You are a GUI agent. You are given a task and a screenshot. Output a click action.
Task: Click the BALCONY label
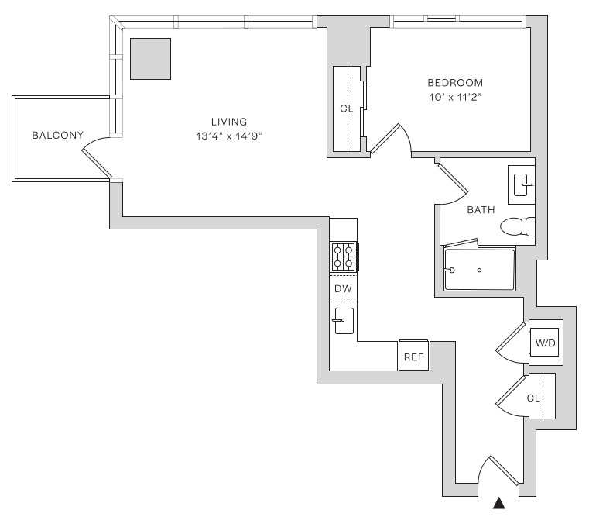(x=57, y=135)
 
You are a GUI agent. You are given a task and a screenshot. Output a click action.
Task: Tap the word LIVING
(x=228, y=122)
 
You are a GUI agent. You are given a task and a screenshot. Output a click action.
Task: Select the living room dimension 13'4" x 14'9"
(x=228, y=136)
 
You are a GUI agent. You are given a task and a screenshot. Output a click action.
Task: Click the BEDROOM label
(x=455, y=83)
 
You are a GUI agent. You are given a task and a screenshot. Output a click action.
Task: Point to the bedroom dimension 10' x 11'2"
(x=455, y=98)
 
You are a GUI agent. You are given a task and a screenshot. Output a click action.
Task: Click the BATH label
(x=481, y=209)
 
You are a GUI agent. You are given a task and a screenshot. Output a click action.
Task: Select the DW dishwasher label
(x=343, y=288)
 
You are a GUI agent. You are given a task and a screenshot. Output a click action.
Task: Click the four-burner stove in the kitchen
(x=344, y=257)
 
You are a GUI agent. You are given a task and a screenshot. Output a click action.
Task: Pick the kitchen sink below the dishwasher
(x=344, y=319)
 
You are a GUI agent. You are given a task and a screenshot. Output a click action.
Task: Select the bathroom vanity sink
(x=522, y=184)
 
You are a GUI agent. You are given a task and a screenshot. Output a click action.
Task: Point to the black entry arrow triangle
(x=499, y=505)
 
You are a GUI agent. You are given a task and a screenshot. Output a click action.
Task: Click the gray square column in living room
(x=150, y=58)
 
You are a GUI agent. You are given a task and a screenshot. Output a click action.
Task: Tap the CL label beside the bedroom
(x=346, y=109)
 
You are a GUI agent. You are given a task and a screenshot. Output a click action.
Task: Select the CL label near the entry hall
(x=532, y=398)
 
